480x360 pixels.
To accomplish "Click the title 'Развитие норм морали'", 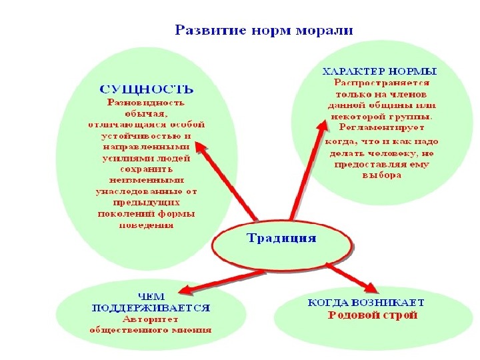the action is tap(264, 31).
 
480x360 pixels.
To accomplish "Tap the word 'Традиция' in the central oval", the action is tap(281, 238).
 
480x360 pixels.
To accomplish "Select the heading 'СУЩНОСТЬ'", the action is tap(146, 89).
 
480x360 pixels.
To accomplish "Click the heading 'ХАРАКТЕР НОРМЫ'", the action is tap(379, 71).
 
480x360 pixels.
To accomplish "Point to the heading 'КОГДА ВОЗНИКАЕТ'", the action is tap(365, 303).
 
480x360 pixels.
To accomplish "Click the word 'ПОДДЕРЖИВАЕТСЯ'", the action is tap(151, 309).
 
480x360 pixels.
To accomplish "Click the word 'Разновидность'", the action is tap(146, 103).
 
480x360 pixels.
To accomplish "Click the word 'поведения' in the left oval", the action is tap(146, 225).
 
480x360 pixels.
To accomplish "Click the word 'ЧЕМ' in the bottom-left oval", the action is tap(151, 298).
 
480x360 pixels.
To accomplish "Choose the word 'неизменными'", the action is tap(146, 179).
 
